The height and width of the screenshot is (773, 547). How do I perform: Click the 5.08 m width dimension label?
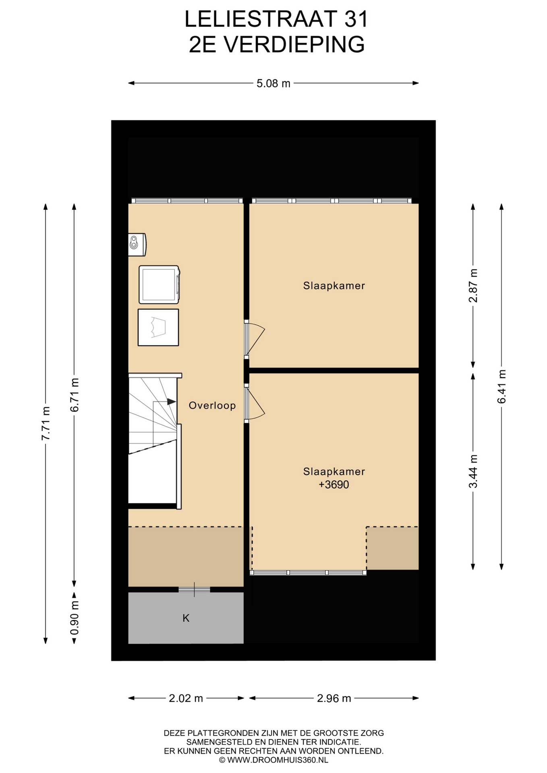click(x=273, y=83)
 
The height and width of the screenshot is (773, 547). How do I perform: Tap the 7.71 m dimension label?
click(x=46, y=423)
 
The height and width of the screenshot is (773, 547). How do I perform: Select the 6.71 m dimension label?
click(x=75, y=395)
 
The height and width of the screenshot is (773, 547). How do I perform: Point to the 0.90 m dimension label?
click(x=75, y=617)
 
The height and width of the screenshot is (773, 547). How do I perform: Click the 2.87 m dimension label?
click(x=473, y=285)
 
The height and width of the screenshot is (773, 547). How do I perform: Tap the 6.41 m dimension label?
click(x=502, y=386)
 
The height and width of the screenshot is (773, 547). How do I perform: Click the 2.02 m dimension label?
click(x=186, y=698)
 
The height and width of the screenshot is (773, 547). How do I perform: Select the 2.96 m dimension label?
click(x=334, y=698)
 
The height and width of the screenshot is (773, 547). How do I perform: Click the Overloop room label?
click(x=212, y=405)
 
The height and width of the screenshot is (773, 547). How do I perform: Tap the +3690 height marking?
click(x=334, y=484)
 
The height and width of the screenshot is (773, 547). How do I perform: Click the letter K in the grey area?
click(x=186, y=618)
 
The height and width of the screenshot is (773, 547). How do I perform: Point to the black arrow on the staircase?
click(x=172, y=401)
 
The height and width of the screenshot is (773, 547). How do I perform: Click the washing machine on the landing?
click(x=159, y=284)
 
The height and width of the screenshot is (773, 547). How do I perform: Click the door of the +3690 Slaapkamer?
click(x=255, y=403)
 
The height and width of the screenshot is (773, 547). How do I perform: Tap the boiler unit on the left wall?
click(x=137, y=244)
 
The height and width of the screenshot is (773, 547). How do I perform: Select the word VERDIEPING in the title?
click(x=294, y=44)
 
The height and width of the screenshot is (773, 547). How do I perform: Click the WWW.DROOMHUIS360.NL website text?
click(x=278, y=760)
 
